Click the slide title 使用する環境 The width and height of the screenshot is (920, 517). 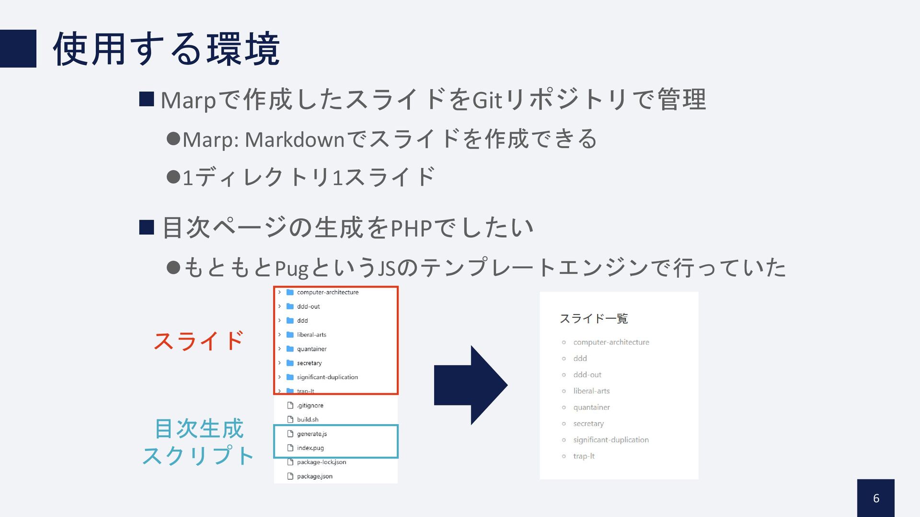point(166,49)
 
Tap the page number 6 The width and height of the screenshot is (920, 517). point(876,498)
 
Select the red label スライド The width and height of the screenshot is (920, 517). point(198,341)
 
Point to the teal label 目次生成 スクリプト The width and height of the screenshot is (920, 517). point(198,442)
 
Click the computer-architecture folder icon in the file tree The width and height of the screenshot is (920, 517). point(290,292)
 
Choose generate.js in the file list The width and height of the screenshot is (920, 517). point(311,434)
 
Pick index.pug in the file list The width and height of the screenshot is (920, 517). point(310,448)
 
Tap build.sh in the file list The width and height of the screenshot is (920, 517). point(307,419)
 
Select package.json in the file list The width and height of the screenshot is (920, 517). point(314,476)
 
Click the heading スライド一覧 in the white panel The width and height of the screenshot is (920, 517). point(594,318)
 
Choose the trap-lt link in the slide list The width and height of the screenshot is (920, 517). point(584,456)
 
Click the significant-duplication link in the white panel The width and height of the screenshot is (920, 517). point(611,440)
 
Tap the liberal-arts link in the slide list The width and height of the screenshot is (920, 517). point(591,391)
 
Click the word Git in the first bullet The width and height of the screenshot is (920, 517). point(487,101)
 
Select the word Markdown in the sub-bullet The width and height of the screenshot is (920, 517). point(295,140)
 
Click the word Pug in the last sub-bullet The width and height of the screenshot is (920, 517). point(291,268)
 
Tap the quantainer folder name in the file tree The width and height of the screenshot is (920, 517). point(311,349)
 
